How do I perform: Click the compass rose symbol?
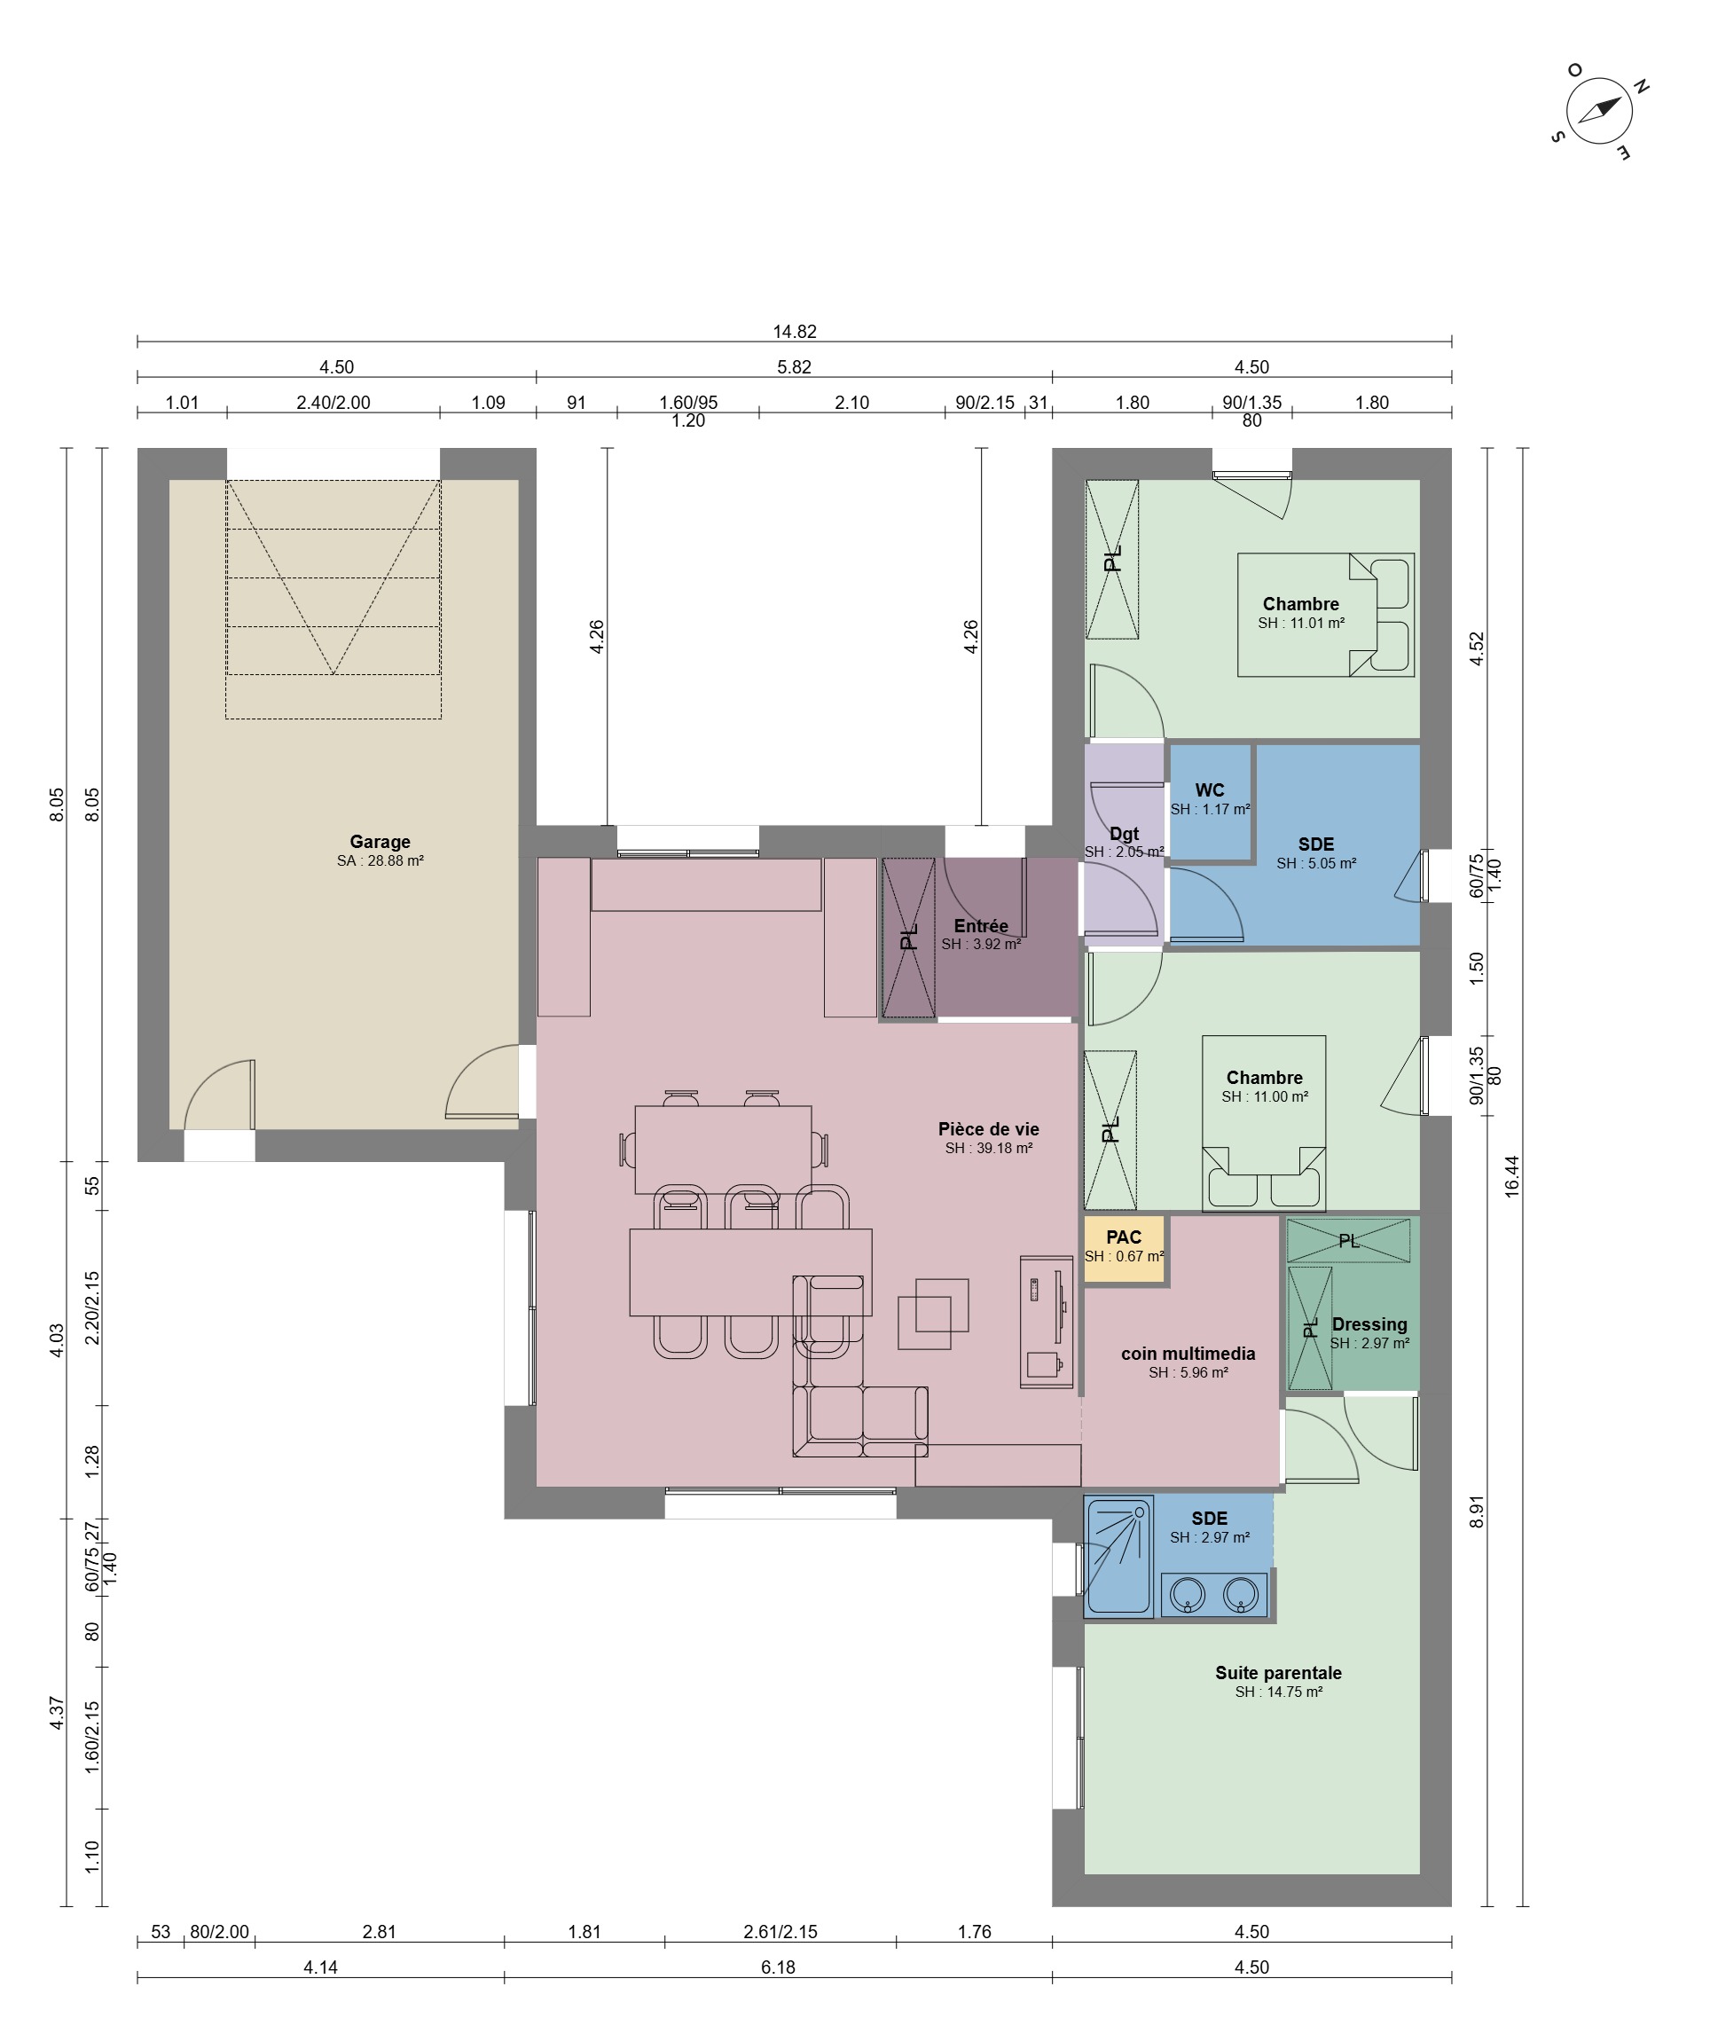pyautogui.click(x=1599, y=112)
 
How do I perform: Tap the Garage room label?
pyautogui.click(x=380, y=843)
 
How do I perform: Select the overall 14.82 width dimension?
pyautogui.click(x=794, y=332)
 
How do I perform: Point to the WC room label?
pyautogui.click(x=1210, y=790)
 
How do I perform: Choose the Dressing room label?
pyautogui.click(x=1369, y=1324)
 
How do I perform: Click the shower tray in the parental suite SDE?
pyautogui.click(x=1118, y=1558)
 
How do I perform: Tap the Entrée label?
pyautogui.click(x=981, y=926)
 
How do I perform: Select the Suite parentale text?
pyautogui.click(x=1279, y=1672)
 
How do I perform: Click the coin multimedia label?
pyautogui.click(x=1188, y=1354)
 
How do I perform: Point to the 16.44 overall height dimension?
pyautogui.click(x=1511, y=1176)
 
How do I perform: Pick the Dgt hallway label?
pyautogui.click(x=1125, y=834)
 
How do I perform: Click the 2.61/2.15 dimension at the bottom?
pyautogui.click(x=780, y=1932)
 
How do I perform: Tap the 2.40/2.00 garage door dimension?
pyautogui.click(x=333, y=403)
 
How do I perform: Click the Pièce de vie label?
pyautogui.click(x=989, y=1129)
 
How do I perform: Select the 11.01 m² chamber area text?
pyautogui.click(x=1301, y=624)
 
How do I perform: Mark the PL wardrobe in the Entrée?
pyautogui.click(x=909, y=938)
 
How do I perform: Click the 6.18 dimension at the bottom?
pyautogui.click(x=779, y=1967)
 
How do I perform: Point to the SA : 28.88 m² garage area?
pyautogui.click(x=380, y=860)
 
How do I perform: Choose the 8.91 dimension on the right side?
pyautogui.click(x=1477, y=1512)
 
